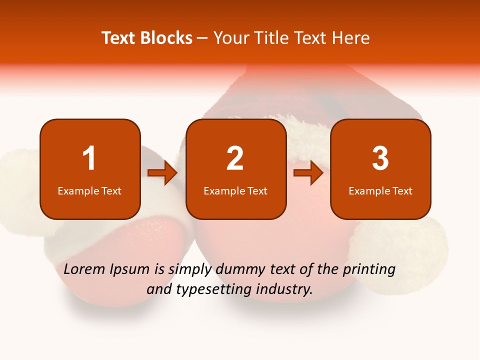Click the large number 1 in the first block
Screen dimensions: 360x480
[x=89, y=158]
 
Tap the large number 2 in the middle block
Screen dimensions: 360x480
[x=235, y=158]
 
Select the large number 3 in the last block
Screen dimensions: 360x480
[x=380, y=158]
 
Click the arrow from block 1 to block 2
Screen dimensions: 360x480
[x=163, y=173]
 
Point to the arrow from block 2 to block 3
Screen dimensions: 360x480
[x=308, y=173]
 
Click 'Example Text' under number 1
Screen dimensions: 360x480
[x=89, y=191]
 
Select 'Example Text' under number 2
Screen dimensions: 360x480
[x=235, y=191]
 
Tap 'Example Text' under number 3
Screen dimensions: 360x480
[x=380, y=191]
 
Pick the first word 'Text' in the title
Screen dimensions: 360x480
[x=118, y=38]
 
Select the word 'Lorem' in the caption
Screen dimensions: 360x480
[x=84, y=269]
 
